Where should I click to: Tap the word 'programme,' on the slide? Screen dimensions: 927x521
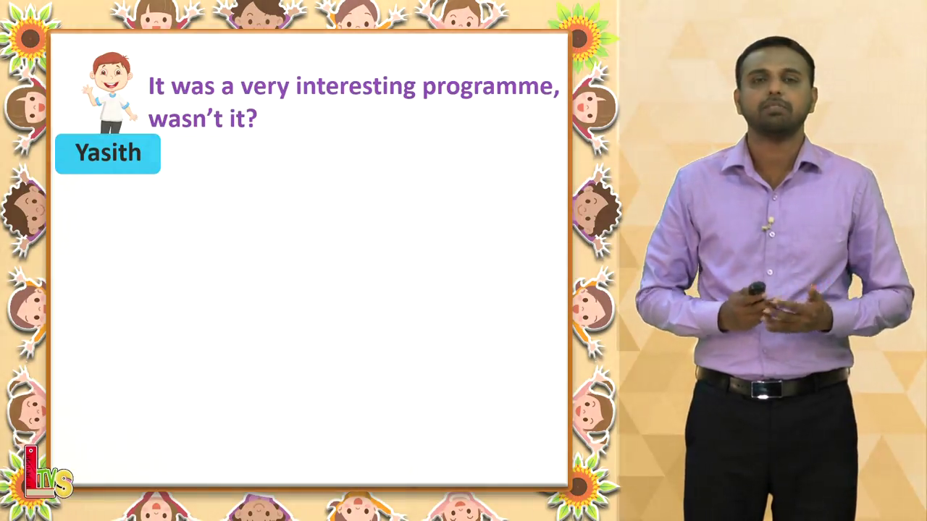coord(491,88)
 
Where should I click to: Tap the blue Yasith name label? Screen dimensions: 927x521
coord(108,154)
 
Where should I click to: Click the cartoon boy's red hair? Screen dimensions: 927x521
coord(112,62)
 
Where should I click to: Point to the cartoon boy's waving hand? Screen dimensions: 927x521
coord(88,90)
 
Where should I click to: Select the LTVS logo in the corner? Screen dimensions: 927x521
coord(48,473)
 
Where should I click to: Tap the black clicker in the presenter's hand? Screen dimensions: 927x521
coord(757,288)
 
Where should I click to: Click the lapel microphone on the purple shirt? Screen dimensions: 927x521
coord(769,224)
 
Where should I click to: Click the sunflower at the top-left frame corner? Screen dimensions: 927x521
coord(29,39)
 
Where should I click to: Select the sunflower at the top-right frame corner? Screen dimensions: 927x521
coord(582,38)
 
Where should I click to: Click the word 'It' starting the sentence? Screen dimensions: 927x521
coord(156,86)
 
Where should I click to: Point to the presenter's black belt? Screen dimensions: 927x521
coord(772,383)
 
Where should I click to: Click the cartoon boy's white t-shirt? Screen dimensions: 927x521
coord(112,106)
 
